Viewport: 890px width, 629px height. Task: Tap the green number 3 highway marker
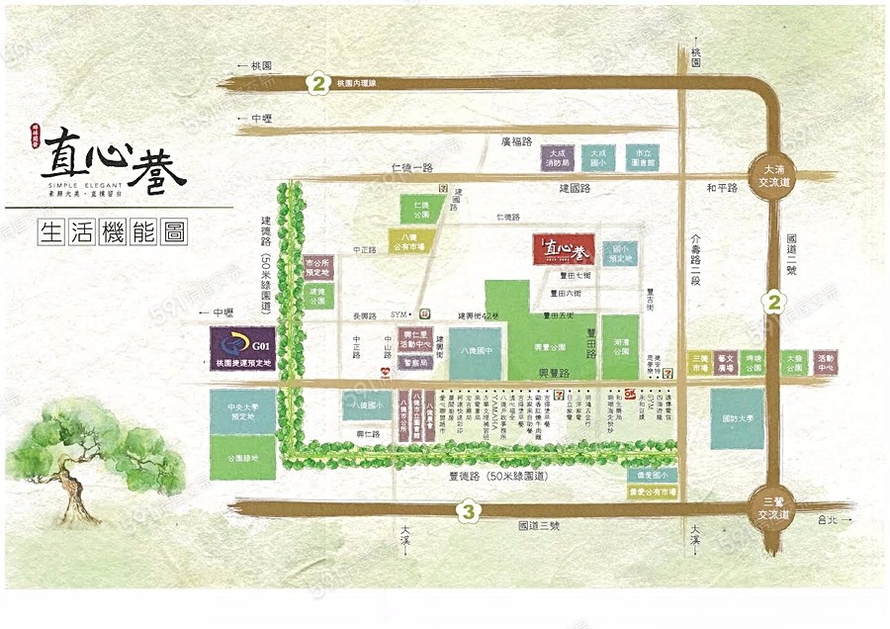[470, 511]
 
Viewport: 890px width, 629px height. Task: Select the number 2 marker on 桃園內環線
[317, 83]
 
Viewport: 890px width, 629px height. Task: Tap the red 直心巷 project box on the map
[563, 249]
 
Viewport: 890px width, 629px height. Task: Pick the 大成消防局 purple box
[557, 158]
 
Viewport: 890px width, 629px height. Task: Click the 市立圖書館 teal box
[642, 158]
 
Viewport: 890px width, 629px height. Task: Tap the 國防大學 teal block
[737, 418]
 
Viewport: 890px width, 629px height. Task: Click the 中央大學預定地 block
[242, 412]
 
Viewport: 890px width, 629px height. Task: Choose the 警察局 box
[415, 363]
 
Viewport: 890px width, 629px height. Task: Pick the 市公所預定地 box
[317, 267]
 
